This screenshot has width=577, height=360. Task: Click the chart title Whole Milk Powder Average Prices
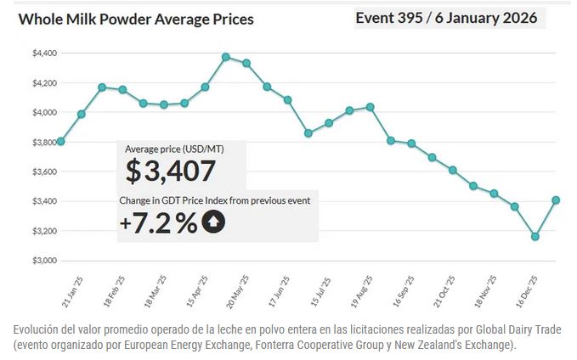136,19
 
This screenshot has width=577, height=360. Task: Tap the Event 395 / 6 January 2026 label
446,18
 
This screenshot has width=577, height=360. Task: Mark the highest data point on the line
226,57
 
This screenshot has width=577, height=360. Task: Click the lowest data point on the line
535,237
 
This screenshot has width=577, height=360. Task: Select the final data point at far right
556,200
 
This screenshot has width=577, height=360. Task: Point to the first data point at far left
60,141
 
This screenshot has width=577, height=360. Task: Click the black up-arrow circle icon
212,223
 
